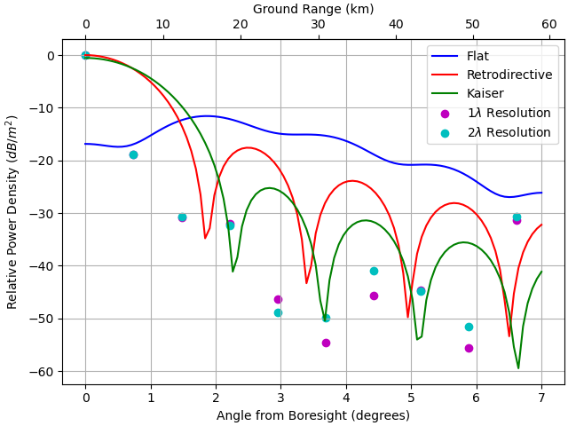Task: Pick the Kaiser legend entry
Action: (485, 93)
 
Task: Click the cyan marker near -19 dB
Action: (133, 154)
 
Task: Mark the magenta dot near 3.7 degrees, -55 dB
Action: (326, 343)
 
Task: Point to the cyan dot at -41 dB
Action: (374, 271)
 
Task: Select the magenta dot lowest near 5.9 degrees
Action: (469, 348)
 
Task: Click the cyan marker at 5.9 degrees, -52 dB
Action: (469, 327)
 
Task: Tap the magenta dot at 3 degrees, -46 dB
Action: (278, 299)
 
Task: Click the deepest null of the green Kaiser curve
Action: (518, 367)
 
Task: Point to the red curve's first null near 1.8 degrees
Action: (205, 238)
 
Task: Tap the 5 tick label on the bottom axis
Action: (411, 398)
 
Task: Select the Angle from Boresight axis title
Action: (313, 415)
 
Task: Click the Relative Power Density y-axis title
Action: (12, 211)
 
